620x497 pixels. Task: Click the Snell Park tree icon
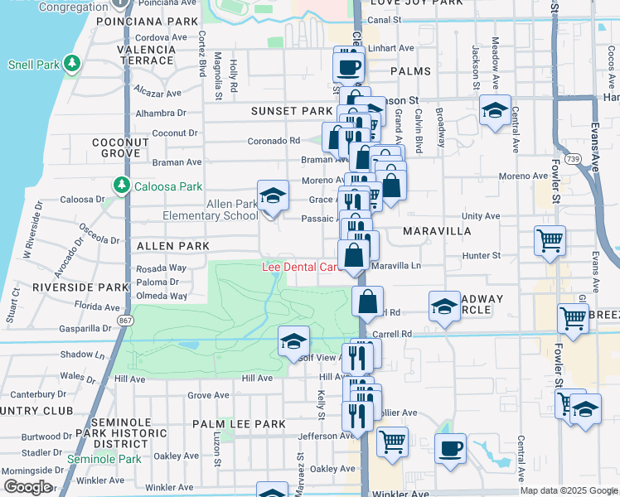(x=72, y=63)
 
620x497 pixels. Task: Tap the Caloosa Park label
(x=157, y=183)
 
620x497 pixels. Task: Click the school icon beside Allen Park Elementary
(x=273, y=197)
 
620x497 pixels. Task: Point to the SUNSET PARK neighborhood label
(x=293, y=111)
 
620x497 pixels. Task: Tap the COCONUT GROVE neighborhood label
(x=121, y=147)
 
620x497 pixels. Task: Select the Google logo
(x=28, y=487)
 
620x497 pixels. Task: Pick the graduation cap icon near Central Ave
(x=495, y=111)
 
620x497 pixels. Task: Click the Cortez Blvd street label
(x=201, y=57)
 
